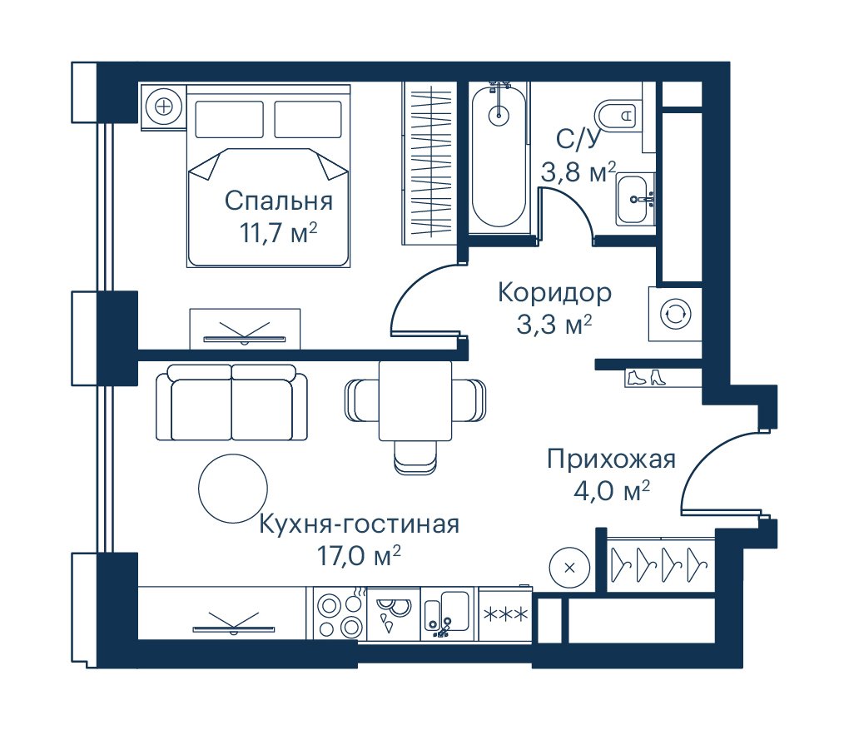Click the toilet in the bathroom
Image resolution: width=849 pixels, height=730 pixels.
tap(617, 114)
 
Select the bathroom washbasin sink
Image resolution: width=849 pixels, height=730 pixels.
tap(634, 199)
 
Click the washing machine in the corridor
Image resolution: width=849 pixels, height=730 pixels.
tap(675, 314)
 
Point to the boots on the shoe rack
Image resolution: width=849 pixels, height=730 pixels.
tap(646, 377)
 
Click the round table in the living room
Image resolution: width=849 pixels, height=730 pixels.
tap(233, 489)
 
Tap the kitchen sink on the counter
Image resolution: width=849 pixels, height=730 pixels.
tap(446, 615)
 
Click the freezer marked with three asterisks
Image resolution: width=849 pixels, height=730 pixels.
tap(505, 614)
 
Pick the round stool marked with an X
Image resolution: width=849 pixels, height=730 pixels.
tap(569, 568)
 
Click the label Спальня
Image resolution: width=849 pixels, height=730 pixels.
tap(279, 201)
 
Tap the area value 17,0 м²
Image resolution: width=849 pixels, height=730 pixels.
tap(359, 556)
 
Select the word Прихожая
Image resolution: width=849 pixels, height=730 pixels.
tap(611, 459)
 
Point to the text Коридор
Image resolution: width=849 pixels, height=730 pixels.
tap(554, 292)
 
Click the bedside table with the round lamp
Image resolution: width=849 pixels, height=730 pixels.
tap(163, 107)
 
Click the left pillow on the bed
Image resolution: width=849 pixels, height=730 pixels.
tap(229, 119)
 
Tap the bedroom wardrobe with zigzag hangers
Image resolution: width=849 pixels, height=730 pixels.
tap(427, 163)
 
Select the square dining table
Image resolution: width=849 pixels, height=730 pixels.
tap(415, 400)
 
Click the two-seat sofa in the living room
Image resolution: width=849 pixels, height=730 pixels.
tap(231, 402)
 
